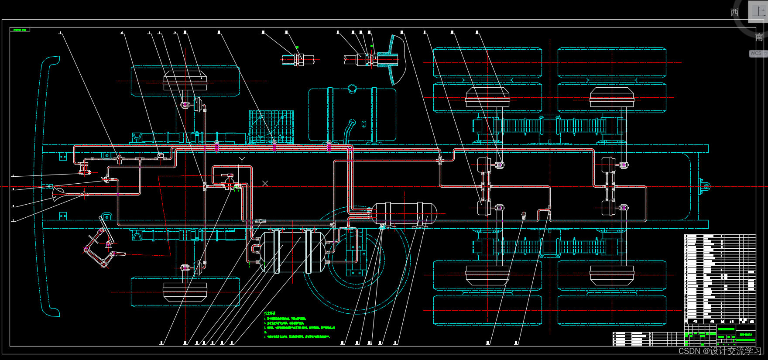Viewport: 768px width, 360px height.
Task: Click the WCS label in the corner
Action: point(756,53)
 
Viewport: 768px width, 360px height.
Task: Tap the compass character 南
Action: point(759,37)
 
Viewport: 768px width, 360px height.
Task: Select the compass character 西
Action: point(735,12)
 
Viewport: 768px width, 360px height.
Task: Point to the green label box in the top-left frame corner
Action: point(20,30)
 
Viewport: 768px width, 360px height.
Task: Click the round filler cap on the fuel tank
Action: point(352,89)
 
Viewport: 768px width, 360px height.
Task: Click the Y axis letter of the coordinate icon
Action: point(242,160)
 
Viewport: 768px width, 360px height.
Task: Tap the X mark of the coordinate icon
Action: point(265,183)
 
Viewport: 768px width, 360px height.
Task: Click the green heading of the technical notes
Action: point(270,313)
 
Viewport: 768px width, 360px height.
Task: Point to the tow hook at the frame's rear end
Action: point(704,186)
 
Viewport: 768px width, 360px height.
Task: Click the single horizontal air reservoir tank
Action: point(404,213)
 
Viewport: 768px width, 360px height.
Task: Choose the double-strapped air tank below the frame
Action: point(292,252)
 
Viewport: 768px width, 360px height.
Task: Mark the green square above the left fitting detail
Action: point(298,47)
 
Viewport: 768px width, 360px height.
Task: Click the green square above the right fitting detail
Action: point(371,45)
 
